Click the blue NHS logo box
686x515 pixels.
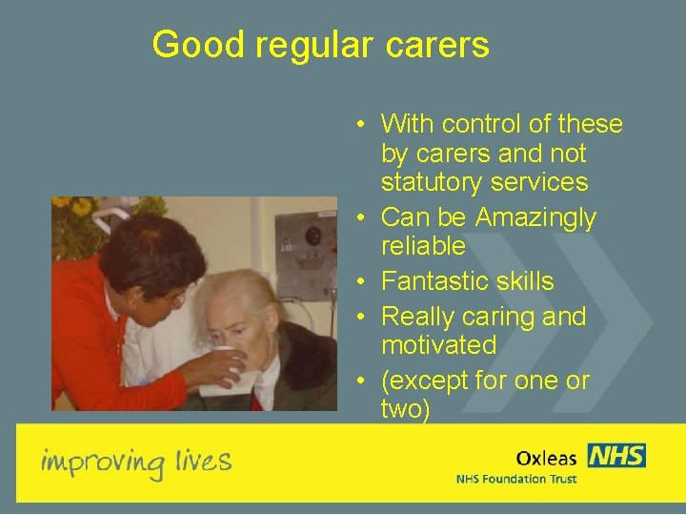(615, 455)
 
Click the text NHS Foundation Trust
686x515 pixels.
(515, 478)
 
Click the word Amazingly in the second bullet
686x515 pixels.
(535, 218)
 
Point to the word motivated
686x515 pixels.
(438, 344)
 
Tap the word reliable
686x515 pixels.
(423, 246)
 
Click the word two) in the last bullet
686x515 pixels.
(406, 410)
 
